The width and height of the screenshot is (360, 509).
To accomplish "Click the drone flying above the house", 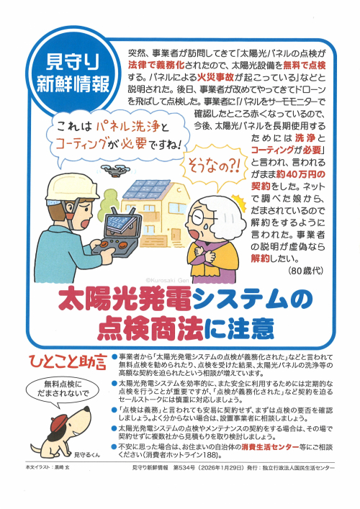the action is coord(115,169).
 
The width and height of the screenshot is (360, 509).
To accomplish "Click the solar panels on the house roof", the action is coord(146,189).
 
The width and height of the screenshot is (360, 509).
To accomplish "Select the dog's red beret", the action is coord(60,422).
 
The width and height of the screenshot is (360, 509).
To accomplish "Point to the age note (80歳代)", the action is coord(305,271).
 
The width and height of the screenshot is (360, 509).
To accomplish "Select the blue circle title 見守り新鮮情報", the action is coord(73,73).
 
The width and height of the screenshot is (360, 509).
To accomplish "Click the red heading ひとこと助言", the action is coord(68,362).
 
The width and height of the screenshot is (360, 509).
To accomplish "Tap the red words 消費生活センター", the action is coord(270,447).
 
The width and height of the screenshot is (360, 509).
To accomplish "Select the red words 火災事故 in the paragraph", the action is coord(212,78).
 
